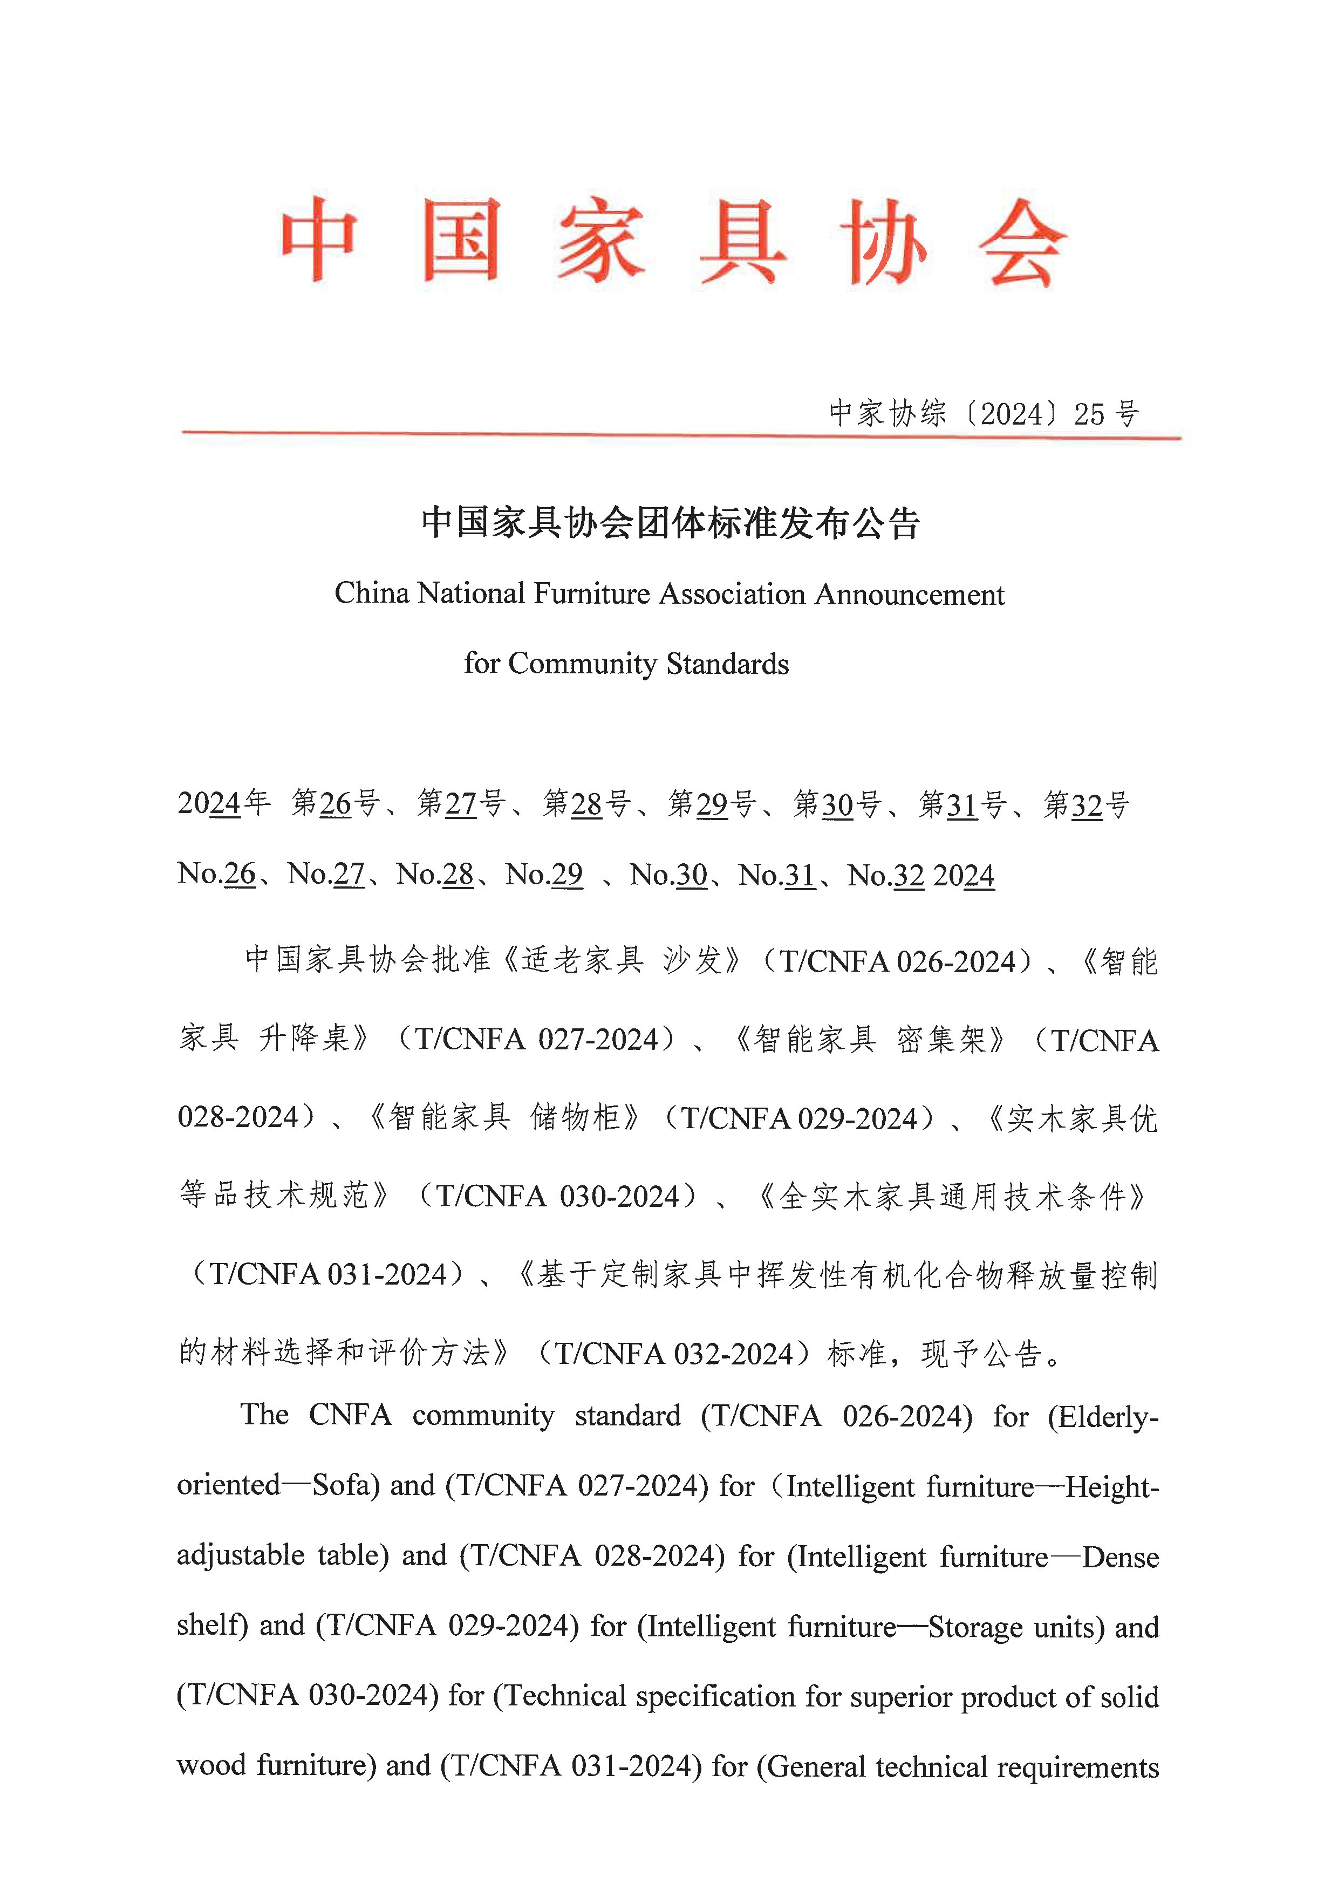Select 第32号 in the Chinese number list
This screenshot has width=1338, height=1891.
[1086, 804]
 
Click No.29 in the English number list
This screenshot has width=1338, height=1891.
[544, 874]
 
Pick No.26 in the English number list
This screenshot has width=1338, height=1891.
[217, 873]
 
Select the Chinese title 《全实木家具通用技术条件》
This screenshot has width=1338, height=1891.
[952, 1197]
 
